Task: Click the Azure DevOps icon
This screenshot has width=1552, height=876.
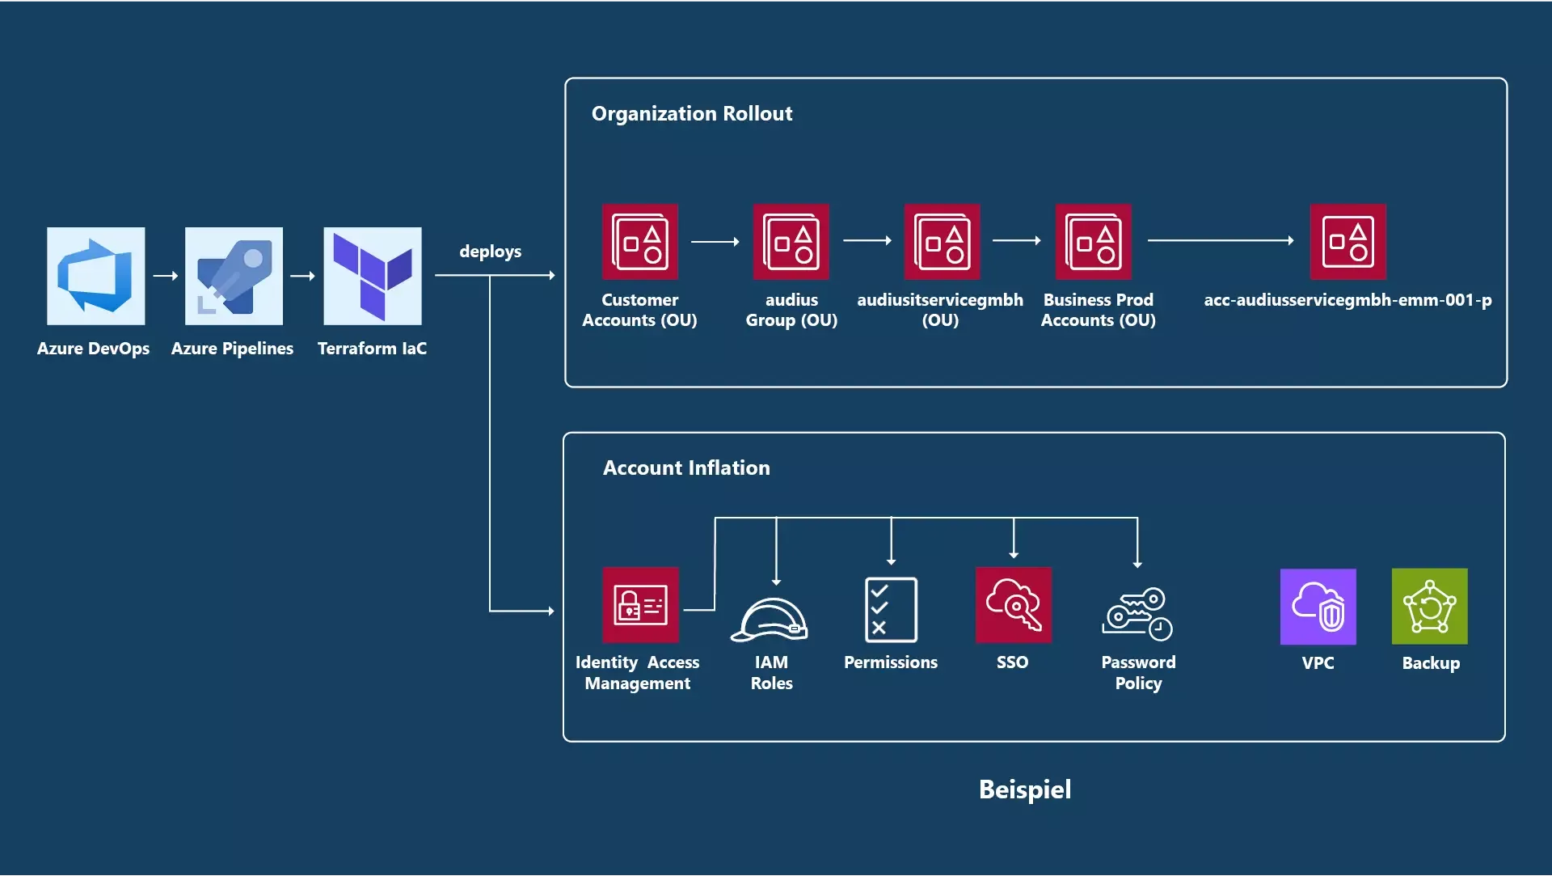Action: point(95,276)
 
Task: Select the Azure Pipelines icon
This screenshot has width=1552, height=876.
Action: point(234,276)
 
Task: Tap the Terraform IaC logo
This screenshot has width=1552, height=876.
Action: point(373,276)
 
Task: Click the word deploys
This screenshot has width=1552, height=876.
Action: point(490,252)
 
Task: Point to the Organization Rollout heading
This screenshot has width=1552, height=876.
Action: point(691,113)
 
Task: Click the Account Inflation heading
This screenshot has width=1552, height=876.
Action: point(686,468)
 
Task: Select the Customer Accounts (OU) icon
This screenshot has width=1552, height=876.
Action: point(639,242)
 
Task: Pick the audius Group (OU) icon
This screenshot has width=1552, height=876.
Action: point(791,242)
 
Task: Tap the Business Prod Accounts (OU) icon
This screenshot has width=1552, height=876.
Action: point(1093,242)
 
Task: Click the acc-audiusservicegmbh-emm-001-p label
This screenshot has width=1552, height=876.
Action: point(1347,300)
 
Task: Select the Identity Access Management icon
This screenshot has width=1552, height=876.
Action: point(640,605)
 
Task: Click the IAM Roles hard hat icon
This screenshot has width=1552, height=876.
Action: point(770,620)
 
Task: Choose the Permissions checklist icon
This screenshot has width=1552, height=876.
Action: point(891,609)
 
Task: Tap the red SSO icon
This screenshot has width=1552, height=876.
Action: point(1013,605)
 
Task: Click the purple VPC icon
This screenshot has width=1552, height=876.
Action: point(1318,607)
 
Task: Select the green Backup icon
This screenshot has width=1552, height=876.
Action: point(1429,607)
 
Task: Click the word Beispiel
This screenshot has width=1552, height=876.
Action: point(1024,789)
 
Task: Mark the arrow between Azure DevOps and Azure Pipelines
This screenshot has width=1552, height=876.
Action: point(165,276)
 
